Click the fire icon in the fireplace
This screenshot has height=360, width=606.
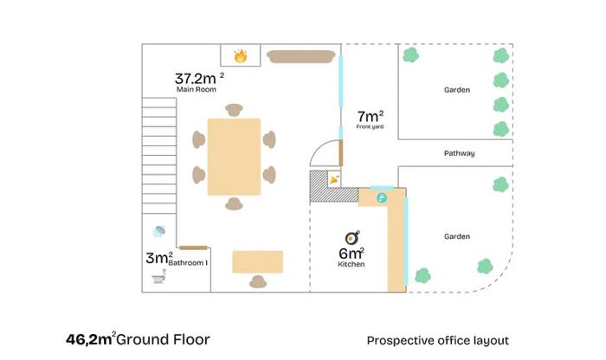pyautogui.click(x=241, y=56)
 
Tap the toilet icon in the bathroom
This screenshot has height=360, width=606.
pyautogui.click(x=158, y=277)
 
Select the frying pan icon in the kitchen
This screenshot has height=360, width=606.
pyautogui.click(x=352, y=238)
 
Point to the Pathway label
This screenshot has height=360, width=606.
pyautogui.click(x=459, y=153)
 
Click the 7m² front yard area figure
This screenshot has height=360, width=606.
pyautogui.click(x=371, y=116)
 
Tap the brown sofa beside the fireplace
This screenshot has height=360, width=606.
pyautogui.click(x=301, y=56)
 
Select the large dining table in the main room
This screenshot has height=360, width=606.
pyautogui.click(x=234, y=157)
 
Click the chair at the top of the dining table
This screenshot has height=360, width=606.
pyautogui.click(x=234, y=110)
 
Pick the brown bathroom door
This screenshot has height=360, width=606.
pyautogui.click(x=194, y=247)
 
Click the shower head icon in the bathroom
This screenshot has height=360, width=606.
pyautogui.click(x=158, y=231)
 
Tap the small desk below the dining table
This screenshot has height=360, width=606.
pyautogui.click(x=258, y=262)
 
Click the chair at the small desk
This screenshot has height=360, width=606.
pyautogui.click(x=258, y=281)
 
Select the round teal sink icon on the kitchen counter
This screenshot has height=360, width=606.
pyautogui.click(x=382, y=198)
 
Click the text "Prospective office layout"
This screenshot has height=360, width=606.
pyautogui.click(x=437, y=341)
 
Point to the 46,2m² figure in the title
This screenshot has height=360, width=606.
pyautogui.click(x=91, y=338)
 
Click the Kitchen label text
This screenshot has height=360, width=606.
pyautogui.click(x=351, y=264)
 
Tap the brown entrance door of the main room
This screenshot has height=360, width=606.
pyautogui.click(x=341, y=153)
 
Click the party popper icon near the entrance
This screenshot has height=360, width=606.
pyautogui.click(x=334, y=179)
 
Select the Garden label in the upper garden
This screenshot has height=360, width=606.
pyautogui.click(x=457, y=90)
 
